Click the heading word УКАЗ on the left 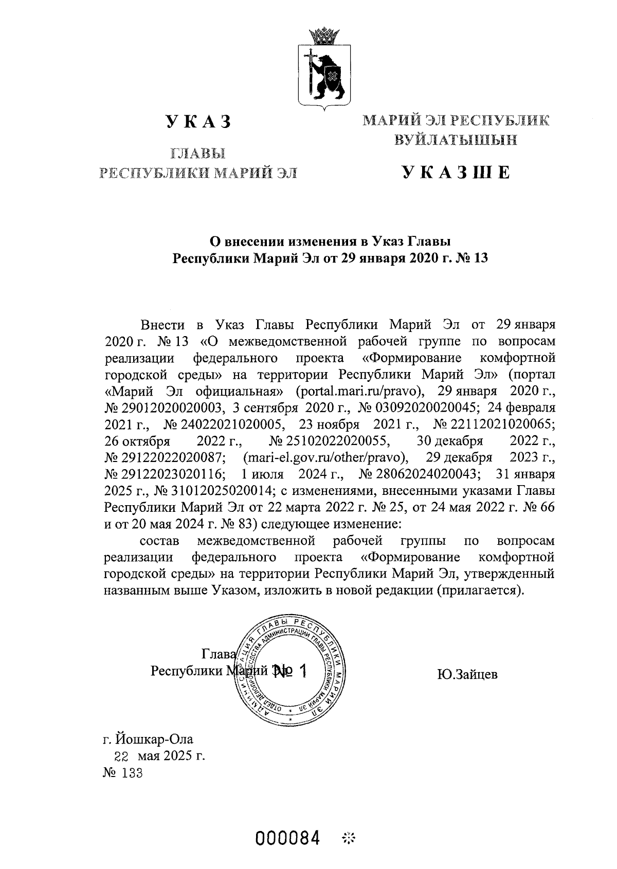point(198,122)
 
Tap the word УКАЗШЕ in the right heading point(456,173)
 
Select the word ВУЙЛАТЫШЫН point(456,140)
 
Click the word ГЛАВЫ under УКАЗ point(198,153)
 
